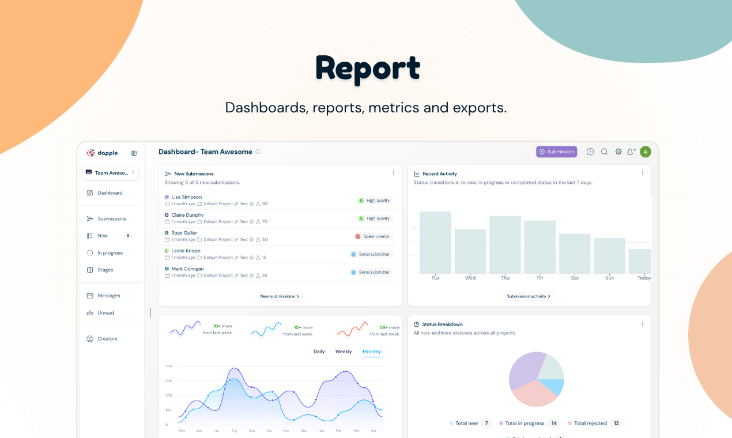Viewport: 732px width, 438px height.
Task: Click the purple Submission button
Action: [556, 152]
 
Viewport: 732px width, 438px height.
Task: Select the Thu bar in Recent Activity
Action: [505, 244]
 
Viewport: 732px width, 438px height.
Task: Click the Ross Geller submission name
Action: [184, 233]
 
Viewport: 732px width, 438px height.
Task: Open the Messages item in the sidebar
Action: [108, 296]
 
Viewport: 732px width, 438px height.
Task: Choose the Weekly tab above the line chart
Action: [344, 352]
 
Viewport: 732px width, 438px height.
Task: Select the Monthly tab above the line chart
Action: [372, 352]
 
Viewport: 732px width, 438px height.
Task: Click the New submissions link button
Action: [280, 296]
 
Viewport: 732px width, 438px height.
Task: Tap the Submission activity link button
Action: [529, 296]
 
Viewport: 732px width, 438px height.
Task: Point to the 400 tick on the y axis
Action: [169, 366]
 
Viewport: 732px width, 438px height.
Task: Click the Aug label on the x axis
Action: [234, 431]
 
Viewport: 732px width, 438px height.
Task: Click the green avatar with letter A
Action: [646, 152]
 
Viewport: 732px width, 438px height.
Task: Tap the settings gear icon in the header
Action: [618, 152]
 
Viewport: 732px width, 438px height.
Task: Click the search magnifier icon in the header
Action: [605, 152]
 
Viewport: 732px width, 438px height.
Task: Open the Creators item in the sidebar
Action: [107, 339]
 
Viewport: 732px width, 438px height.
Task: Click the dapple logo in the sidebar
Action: [103, 153]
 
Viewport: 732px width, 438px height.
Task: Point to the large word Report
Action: [368, 69]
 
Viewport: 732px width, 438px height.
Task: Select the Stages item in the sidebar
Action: [105, 270]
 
